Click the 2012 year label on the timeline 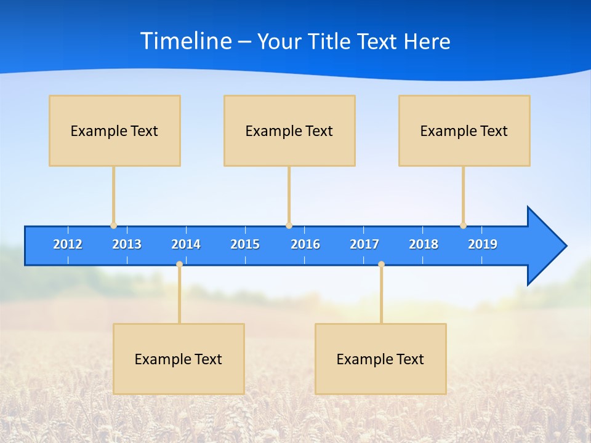[x=68, y=244]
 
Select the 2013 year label [x=127, y=244]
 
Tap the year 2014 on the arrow [x=186, y=244]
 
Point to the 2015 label [x=245, y=244]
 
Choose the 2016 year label [x=305, y=244]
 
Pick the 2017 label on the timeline [x=364, y=244]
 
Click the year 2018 [x=424, y=244]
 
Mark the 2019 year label [x=483, y=244]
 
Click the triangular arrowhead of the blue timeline [x=545, y=246]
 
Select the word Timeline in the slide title [x=186, y=41]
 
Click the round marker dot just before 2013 [x=113, y=226]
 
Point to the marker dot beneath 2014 [x=179, y=264]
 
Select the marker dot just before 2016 [x=289, y=226]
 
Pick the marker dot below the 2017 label [x=381, y=264]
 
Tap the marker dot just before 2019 [x=463, y=226]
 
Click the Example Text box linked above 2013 [x=115, y=130]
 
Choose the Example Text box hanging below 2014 [x=179, y=359]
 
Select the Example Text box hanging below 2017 [x=380, y=359]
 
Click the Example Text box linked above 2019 [x=464, y=130]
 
